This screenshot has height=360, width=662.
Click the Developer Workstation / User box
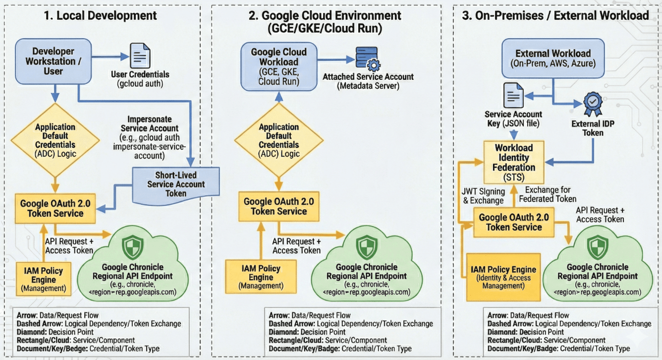coord(54,61)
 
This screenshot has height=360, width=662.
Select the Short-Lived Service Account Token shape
coord(176,183)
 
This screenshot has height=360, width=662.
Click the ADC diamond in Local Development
coord(55,140)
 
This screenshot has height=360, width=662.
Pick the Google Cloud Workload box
coord(279,66)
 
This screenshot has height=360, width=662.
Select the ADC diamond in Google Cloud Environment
coord(279,140)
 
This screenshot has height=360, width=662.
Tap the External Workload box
coord(553,58)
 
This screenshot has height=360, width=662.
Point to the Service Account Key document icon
coord(513,95)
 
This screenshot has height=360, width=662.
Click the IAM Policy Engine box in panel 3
coord(503,277)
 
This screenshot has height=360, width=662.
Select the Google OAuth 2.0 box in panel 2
coord(279,206)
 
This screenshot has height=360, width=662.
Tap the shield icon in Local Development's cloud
coord(133,246)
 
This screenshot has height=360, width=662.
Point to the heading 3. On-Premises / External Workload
coord(555,15)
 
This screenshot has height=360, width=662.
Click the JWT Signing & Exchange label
coord(484,196)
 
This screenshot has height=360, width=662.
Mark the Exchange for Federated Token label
coord(548,194)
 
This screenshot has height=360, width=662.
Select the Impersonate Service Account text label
coord(150,137)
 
